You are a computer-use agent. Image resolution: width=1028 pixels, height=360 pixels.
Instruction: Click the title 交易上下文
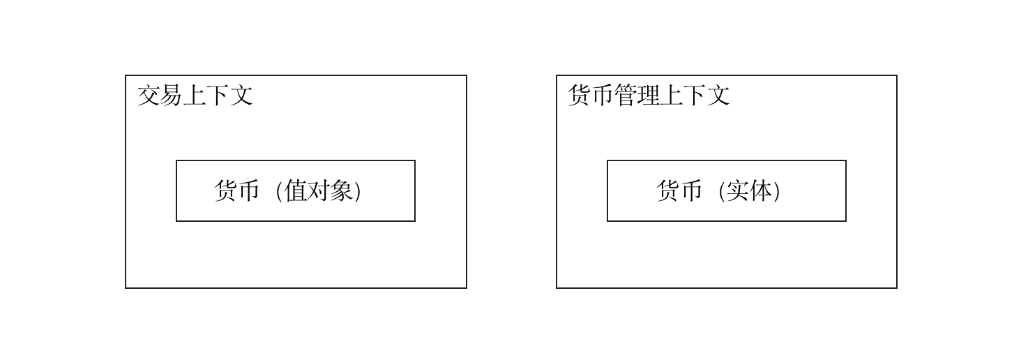[x=195, y=96]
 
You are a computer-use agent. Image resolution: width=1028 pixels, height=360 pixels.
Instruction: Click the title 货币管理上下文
[x=649, y=96]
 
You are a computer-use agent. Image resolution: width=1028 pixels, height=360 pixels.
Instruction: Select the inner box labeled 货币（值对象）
[x=296, y=209]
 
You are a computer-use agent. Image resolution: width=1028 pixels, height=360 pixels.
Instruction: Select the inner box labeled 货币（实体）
[x=726, y=209]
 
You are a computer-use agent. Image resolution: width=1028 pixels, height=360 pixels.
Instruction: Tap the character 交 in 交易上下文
[x=149, y=96]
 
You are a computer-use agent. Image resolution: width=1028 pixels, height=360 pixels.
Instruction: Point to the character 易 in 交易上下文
[x=172, y=96]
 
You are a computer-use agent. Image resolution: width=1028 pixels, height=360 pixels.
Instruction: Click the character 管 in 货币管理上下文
[x=626, y=96]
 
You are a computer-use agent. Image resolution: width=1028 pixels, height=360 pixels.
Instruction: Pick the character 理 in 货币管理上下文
[x=649, y=96]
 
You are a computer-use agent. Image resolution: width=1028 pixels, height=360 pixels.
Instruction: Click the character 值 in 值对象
[x=296, y=190]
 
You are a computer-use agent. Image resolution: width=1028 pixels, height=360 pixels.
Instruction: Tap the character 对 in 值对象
[x=319, y=190]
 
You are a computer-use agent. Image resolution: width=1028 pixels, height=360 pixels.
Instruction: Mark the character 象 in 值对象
[x=342, y=190]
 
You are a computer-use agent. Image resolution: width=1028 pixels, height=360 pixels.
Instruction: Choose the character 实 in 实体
[x=737, y=190]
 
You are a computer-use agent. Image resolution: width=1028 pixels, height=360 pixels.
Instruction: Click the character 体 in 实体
[x=760, y=190]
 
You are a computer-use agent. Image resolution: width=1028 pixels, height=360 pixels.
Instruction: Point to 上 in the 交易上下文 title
[x=195, y=96]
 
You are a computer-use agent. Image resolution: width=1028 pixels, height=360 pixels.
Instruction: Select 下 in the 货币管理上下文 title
[x=695, y=96]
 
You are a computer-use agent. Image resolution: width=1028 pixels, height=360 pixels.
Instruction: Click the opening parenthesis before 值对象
[x=278, y=190]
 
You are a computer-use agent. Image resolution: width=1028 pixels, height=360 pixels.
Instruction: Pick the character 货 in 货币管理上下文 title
[x=580, y=96]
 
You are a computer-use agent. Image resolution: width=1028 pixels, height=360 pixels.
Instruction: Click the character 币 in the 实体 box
[x=691, y=190]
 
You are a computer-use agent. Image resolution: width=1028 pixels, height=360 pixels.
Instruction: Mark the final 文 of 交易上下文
[x=241, y=96]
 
